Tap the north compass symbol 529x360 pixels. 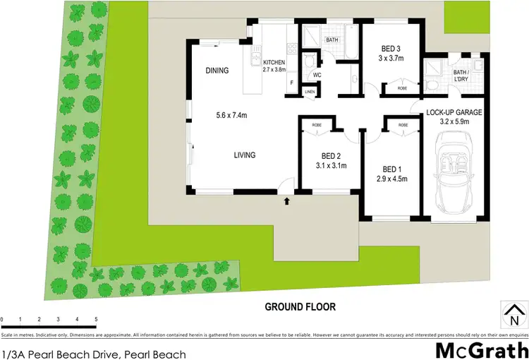coord(513,311)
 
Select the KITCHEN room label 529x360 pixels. coord(274,62)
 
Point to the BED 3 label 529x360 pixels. coord(391,49)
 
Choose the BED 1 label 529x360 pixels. coord(393,169)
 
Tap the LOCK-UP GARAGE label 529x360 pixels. coord(454,112)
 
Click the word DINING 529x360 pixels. coord(217,71)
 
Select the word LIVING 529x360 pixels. coord(245,155)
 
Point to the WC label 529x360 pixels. coord(317,76)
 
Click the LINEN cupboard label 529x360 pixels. coord(310,92)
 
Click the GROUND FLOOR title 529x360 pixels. coord(300,307)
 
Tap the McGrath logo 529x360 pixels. coord(480,349)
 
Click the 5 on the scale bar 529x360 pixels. coord(95,320)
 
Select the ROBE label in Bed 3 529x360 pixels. coord(402,89)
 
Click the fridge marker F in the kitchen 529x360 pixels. coord(291,83)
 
